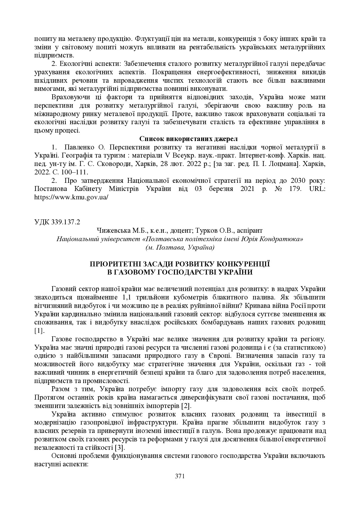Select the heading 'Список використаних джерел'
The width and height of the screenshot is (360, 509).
[x=188, y=139]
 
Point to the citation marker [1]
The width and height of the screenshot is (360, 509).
[x=39, y=331]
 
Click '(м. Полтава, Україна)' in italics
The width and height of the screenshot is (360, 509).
[x=180, y=248]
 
